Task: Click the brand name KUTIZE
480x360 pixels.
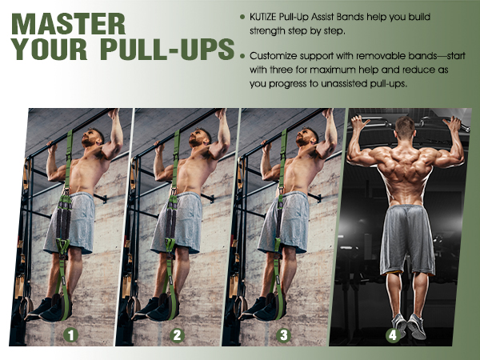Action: click(x=269, y=18)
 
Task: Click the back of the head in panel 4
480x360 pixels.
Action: click(x=406, y=128)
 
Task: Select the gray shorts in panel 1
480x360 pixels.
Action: click(x=72, y=222)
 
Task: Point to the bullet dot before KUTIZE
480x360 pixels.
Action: click(x=243, y=18)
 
